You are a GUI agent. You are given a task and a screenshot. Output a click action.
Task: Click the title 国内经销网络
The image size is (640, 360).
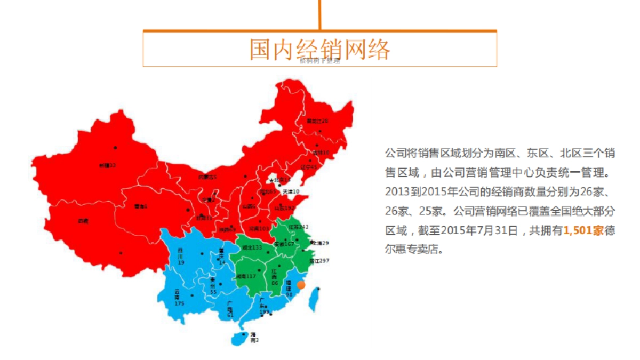click(x=319, y=49)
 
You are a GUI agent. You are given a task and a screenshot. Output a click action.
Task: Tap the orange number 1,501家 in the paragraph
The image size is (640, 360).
click(x=583, y=230)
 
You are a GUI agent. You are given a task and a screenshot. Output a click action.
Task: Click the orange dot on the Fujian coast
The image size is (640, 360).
click(x=301, y=285)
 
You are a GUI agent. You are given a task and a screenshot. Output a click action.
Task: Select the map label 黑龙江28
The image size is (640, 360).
click(x=317, y=121)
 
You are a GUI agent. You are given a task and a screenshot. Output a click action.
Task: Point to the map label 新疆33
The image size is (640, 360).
click(x=107, y=165)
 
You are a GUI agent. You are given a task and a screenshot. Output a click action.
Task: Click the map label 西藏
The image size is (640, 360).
click(x=83, y=220)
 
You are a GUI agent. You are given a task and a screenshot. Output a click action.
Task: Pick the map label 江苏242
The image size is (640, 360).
click(x=299, y=227)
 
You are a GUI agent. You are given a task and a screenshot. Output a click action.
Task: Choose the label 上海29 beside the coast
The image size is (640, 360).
click(x=319, y=243)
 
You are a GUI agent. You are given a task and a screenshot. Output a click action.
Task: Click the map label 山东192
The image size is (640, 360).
click(x=285, y=208)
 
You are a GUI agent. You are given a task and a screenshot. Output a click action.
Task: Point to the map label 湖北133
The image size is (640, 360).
click(x=252, y=248)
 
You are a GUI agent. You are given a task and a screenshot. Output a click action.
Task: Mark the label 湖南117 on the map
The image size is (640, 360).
click(x=246, y=276)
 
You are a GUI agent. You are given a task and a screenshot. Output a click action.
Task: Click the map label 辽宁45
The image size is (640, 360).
click(x=309, y=167)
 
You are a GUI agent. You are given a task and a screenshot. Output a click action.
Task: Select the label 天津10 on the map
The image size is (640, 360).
click(x=291, y=191)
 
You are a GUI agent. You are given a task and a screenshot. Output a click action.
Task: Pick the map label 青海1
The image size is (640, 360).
click(x=140, y=206)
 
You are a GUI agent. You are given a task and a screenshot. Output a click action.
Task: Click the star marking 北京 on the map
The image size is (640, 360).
click(x=271, y=180)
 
